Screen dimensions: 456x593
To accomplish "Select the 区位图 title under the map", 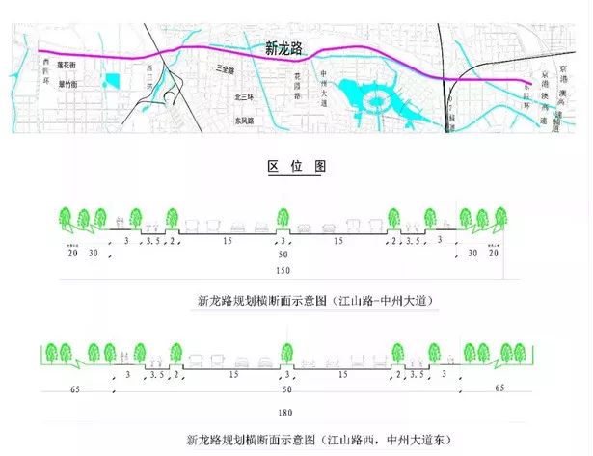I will [296, 166].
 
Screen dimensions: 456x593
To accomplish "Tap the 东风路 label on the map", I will [245, 121].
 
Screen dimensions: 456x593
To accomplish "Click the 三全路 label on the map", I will [228, 70].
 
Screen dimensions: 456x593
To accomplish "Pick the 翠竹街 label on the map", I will [67, 84].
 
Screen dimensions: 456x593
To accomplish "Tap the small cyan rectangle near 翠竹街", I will [112, 84].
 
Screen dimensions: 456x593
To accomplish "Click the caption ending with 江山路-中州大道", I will [315, 301].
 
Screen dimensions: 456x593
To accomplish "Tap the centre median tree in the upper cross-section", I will [283, 219].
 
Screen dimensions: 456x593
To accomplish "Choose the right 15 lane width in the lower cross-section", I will [337, 374].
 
